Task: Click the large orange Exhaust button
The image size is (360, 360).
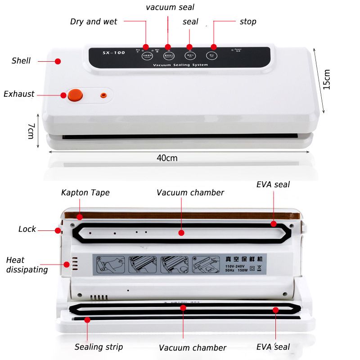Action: point(75,94)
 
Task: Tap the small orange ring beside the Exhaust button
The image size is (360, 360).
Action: point(103,95)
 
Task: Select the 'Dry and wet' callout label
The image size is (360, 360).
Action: point(94,22)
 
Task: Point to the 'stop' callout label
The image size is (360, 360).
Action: point(248,22)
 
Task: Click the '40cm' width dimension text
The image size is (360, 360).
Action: point(166,158)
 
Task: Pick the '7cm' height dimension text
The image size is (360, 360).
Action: point(31,130)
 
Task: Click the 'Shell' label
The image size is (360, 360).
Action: point(21,61)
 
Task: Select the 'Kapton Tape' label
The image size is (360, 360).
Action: point(85,193)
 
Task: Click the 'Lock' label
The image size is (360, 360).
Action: point(27,229)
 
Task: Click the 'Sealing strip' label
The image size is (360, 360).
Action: point(99,347)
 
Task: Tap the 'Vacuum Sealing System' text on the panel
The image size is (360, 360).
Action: point(180,65)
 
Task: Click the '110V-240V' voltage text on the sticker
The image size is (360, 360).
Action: point(232,266)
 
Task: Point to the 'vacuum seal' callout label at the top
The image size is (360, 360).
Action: point(170,7)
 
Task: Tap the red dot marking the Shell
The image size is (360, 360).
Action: point(58,61)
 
